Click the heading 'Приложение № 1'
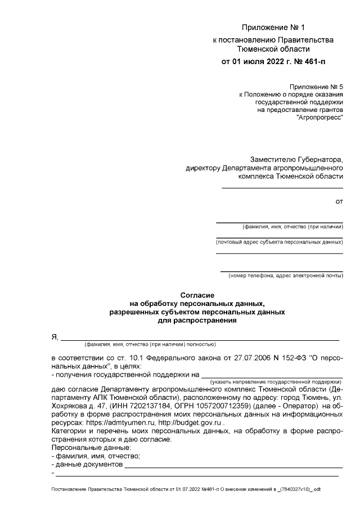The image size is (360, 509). (272, 28)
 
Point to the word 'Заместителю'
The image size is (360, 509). (272, 160)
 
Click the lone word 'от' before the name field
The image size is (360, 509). (339, 200)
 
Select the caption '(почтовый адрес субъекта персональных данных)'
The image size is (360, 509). (280, 242)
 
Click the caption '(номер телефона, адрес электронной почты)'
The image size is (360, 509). (285, 276)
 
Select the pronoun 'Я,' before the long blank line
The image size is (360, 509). (55, 337)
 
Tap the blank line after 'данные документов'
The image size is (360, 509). (233, 466)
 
